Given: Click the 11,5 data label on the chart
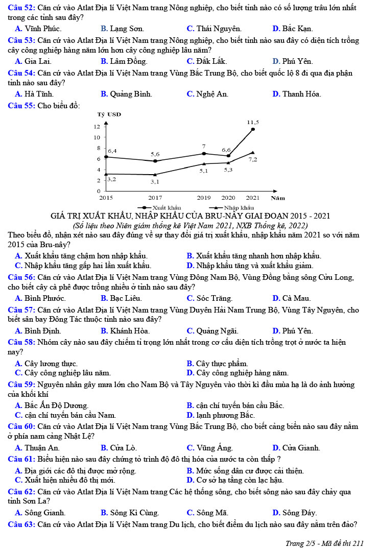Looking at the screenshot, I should [x=253, y=123].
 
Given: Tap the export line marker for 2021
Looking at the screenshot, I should [x=253, y=129].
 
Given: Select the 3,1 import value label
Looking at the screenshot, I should [x=155, y=181].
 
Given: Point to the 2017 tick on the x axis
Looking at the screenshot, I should [x=155, y=198].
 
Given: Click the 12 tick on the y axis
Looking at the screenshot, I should [x=97, y=126].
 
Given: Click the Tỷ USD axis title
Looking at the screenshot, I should [x=109, y=114].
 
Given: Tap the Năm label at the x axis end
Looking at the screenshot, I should [x=278, y=198].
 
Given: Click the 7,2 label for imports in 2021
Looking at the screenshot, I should [x=253, y=159].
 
